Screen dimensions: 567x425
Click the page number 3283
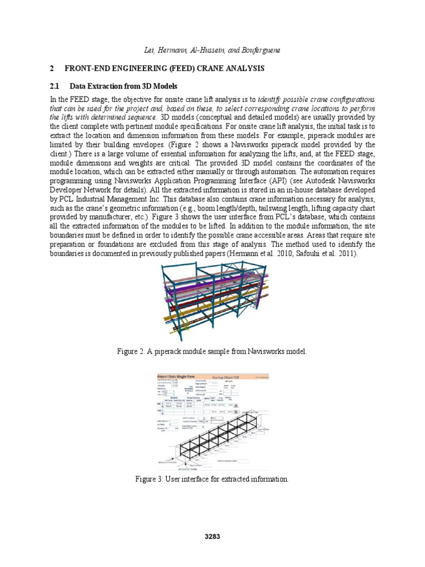(x=212, y=536)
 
